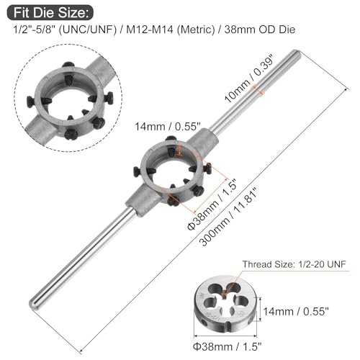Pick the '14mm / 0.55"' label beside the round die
click(x=296, y=312)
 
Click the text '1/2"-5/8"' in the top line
click(x=27, y=32)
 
